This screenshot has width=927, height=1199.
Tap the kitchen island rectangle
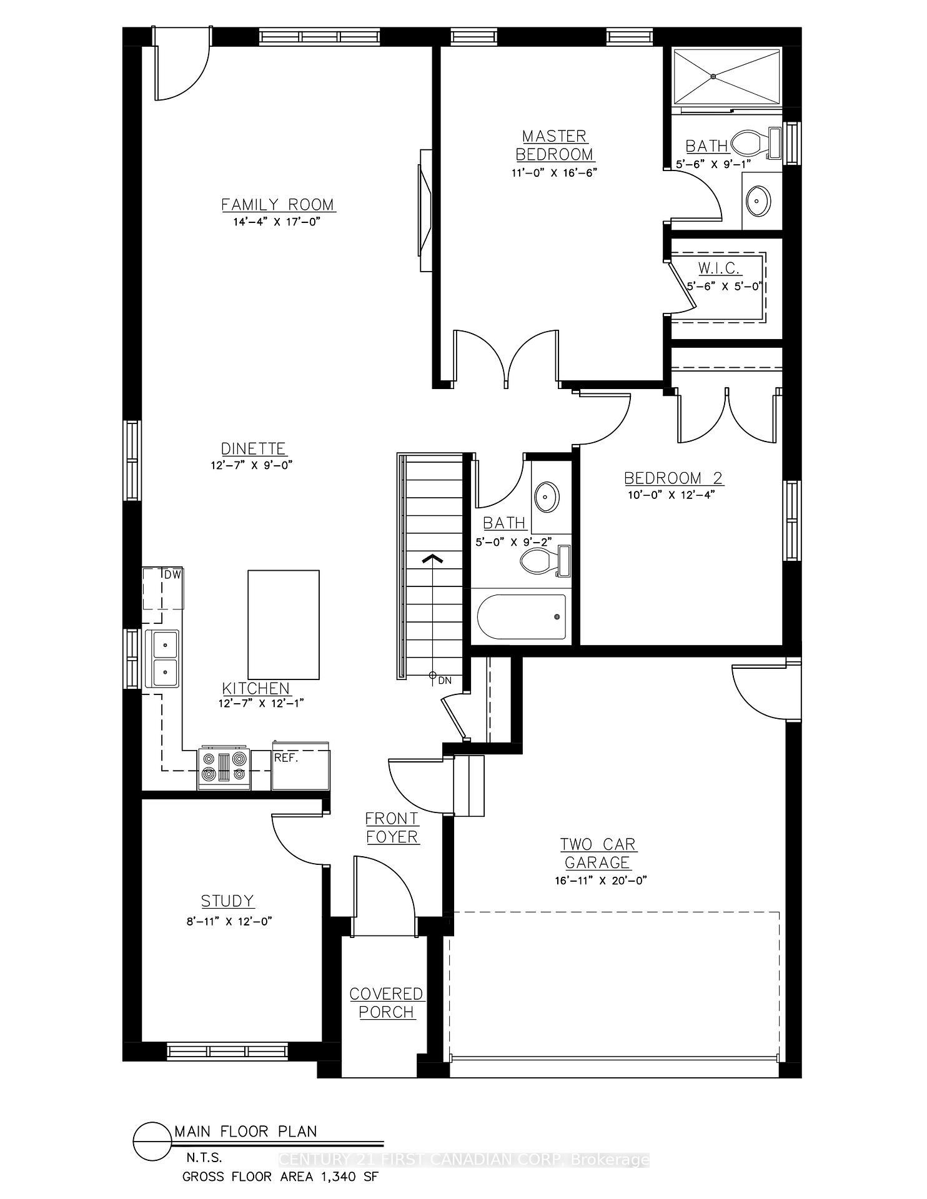(x=284, y=624)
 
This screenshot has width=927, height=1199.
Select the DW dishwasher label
(x=172, y=575)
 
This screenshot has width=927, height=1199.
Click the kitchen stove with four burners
(x=224, y=767)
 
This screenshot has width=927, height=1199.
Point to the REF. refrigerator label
(x=286, y=758)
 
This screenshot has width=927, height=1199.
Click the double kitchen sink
(x=162, y=659)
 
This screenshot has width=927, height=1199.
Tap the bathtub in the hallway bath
(x=522, y=617)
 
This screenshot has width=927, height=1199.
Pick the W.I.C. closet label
(x=719, y=269)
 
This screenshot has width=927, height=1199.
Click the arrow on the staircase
(x=432, y=558)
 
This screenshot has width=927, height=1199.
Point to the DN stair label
(x=444, y=681)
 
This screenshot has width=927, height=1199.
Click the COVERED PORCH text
(x=386, y=1003)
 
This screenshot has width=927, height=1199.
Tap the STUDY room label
(x=227, y=901)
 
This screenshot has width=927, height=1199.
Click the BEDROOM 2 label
(x=673, y=478)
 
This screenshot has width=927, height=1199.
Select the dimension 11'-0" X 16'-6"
(x=554, y=172)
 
